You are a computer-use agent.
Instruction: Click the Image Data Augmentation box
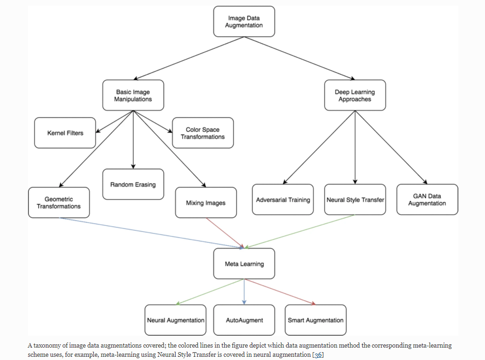click(x=244, y=22)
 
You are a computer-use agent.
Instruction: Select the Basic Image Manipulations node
click(x=133, y=95)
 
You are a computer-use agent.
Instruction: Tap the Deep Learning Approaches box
click(x=355, y=95)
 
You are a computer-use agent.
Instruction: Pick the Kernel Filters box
click(x=65, y=133)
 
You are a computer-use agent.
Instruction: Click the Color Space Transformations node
click(x=203, y=133)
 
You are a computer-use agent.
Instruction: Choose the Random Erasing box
click(x=133, y=184)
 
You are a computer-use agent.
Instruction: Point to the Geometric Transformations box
click(x=59, y=203)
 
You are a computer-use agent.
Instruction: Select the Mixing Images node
click(x=205, y=203)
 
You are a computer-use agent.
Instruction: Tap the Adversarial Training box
click(x=283, y=200)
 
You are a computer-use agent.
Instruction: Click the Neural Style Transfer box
click(x=355, y=200)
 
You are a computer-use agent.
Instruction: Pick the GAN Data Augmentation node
click(x=427, y=200)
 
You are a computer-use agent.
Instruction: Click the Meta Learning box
click(x=244, y=263)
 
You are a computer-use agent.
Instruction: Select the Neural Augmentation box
click(x=175, y=320)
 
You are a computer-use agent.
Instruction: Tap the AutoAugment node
click(x=244, y=320)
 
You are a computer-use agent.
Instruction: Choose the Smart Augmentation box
click(x=315, y=320)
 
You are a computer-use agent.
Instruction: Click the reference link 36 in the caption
click(x=318, y=355)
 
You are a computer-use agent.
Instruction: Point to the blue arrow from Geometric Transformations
click(x=151, y=233)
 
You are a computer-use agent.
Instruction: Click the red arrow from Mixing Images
click(x=225, y=233)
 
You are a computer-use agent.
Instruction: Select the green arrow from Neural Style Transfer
click(x=299, y=231)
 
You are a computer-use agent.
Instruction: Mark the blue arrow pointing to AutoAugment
click(x=244, y=291)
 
